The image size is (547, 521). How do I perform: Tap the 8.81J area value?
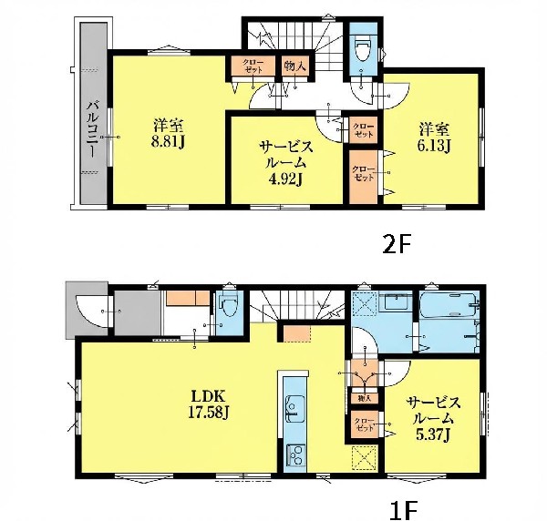pyautogui.click(x=168, y=141)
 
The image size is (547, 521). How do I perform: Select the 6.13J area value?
pyautogui.click(x=434, y=146)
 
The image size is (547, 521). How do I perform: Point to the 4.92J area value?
pyautogui.click(x=285, y=179)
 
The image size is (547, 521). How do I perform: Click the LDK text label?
pyautogui.click(x=208, y=396)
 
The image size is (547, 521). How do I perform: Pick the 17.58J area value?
pyautogui.click(x=208, y=413)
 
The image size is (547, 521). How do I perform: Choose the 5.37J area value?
pyautogui.click(x=433, y=434)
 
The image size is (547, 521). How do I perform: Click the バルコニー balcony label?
pyautogui.click(x=92, y=129)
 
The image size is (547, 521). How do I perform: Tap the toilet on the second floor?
pyautogui.click(x=363, y=49)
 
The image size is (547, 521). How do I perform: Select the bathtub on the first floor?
pyautogui.click(x=449, y=305)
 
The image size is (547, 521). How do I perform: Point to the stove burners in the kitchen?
pyautogui.click(x=294, y=455)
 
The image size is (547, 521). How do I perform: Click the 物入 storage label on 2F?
pyautogui.click(x=295, y=66)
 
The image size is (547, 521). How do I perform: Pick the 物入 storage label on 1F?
pyautogui.click(x=364, y=398)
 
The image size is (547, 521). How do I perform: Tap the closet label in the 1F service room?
pyautogui.click(x=364, y=424)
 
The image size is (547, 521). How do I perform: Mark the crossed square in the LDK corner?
pyautogui.click(x=364, y=458)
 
